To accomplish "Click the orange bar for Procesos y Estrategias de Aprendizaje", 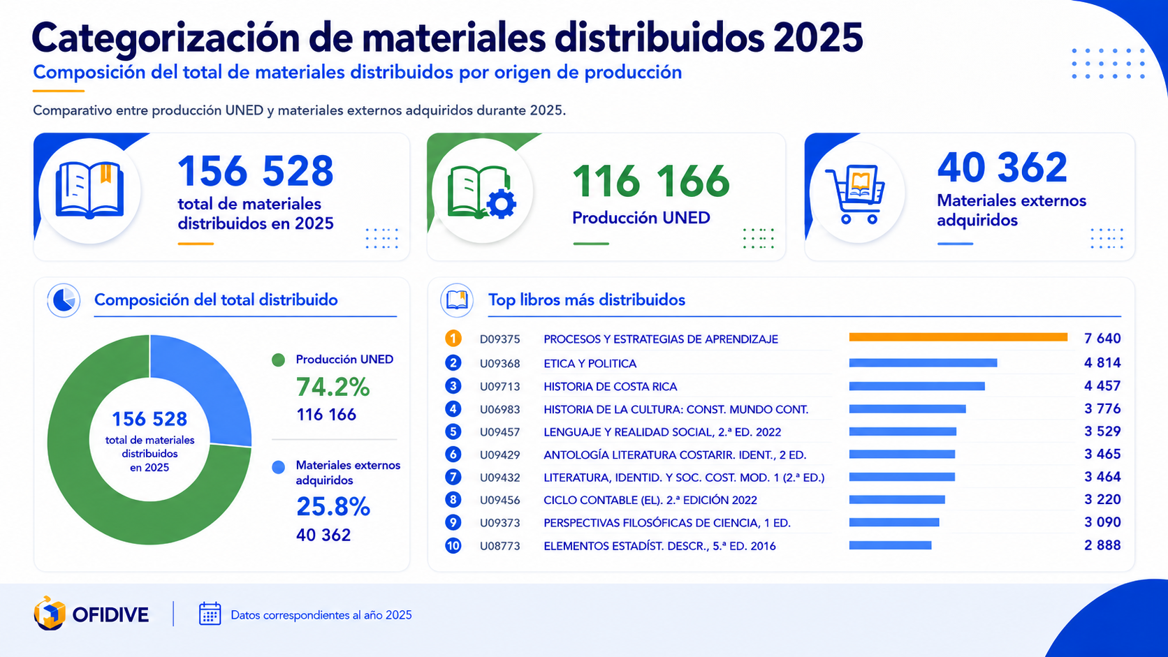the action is tap(958, 338).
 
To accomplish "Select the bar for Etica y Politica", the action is tap(923, 362).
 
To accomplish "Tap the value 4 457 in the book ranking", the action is tap(1102, 386).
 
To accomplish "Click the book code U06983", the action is tap(499, 410).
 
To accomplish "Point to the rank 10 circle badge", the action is tap(453, 545).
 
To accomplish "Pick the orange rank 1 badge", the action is tap(453, 339).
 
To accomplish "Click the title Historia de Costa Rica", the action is tap(610, 387).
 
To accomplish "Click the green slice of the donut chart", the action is tap(104, 469).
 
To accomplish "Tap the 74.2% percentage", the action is tap(333, 387).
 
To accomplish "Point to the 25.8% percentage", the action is tap(333, 506).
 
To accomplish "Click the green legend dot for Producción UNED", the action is tap(279, 360).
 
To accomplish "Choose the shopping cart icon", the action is tap(855, 194).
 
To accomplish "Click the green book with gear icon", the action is tap(481, 192).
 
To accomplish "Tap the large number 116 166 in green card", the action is tap(651, 182).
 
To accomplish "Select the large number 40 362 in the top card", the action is tap(1002, 168).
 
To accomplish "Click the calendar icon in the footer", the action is tap(210, 614).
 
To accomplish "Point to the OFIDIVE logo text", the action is tap(110, 615).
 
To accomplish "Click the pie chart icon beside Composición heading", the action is tap(64, 300).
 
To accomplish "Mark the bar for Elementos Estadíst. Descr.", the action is tap(890, 545).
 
